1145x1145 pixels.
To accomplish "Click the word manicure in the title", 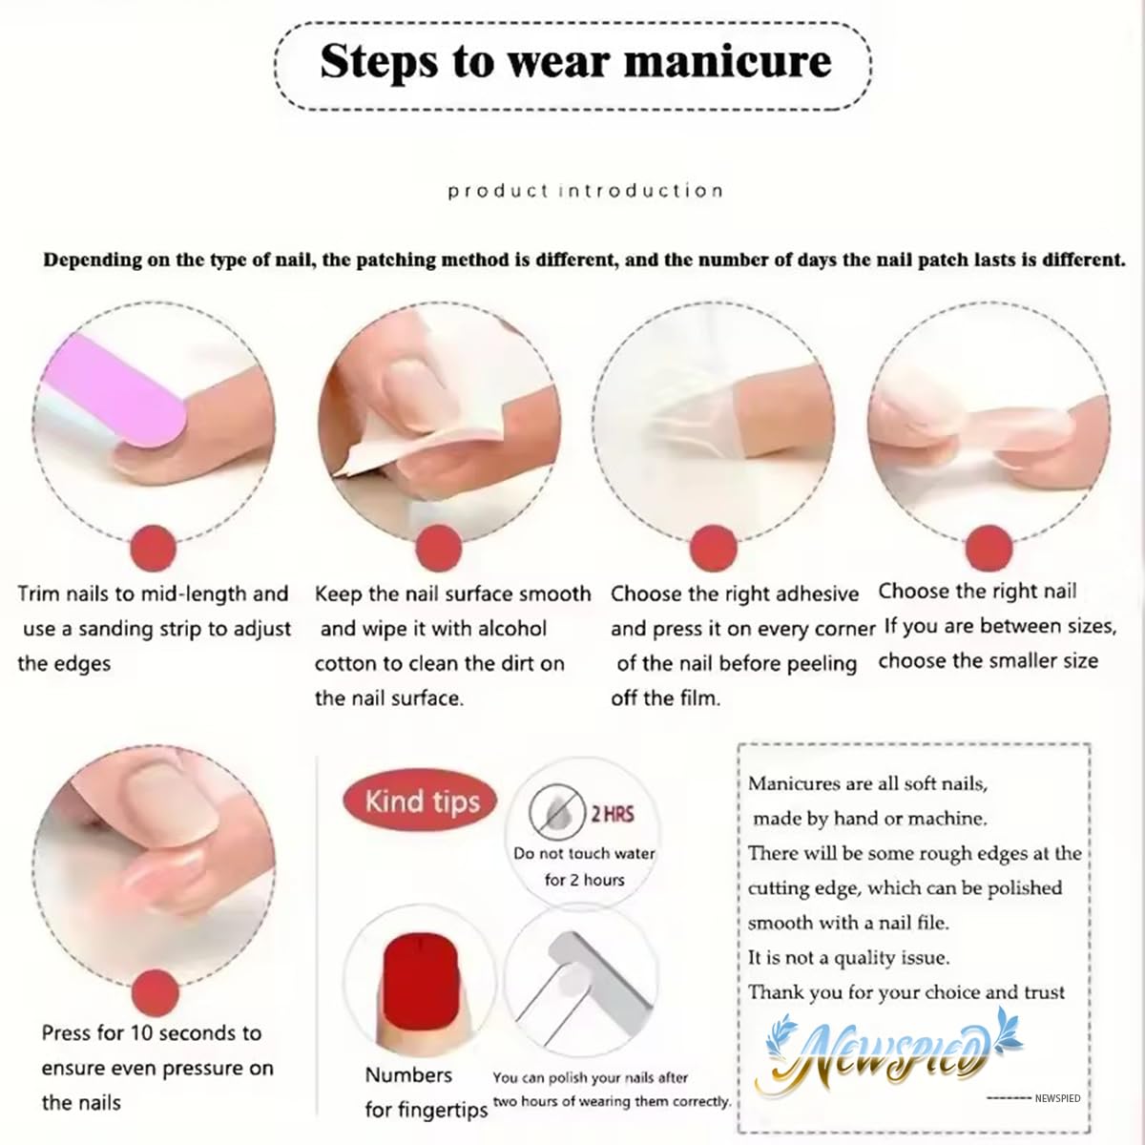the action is point(728,61).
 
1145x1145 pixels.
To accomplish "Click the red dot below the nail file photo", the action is point(154,548).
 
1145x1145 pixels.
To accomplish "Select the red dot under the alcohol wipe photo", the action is point(439,548).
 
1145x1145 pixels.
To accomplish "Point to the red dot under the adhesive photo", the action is point(714,548).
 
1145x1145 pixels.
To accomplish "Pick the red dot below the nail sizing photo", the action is point(989,548).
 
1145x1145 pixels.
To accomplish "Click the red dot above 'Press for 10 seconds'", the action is point(156,993).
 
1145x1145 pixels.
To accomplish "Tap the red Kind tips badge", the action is point(420,801).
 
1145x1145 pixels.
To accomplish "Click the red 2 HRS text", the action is point(612,814).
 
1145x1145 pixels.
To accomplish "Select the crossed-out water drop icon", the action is point(556,812).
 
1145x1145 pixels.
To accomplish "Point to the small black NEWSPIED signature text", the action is point(1057,1098).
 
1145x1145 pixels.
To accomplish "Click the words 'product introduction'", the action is point(585,191).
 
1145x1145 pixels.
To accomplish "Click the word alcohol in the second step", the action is point(511,629).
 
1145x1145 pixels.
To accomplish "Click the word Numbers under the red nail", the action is point(408,1075).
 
